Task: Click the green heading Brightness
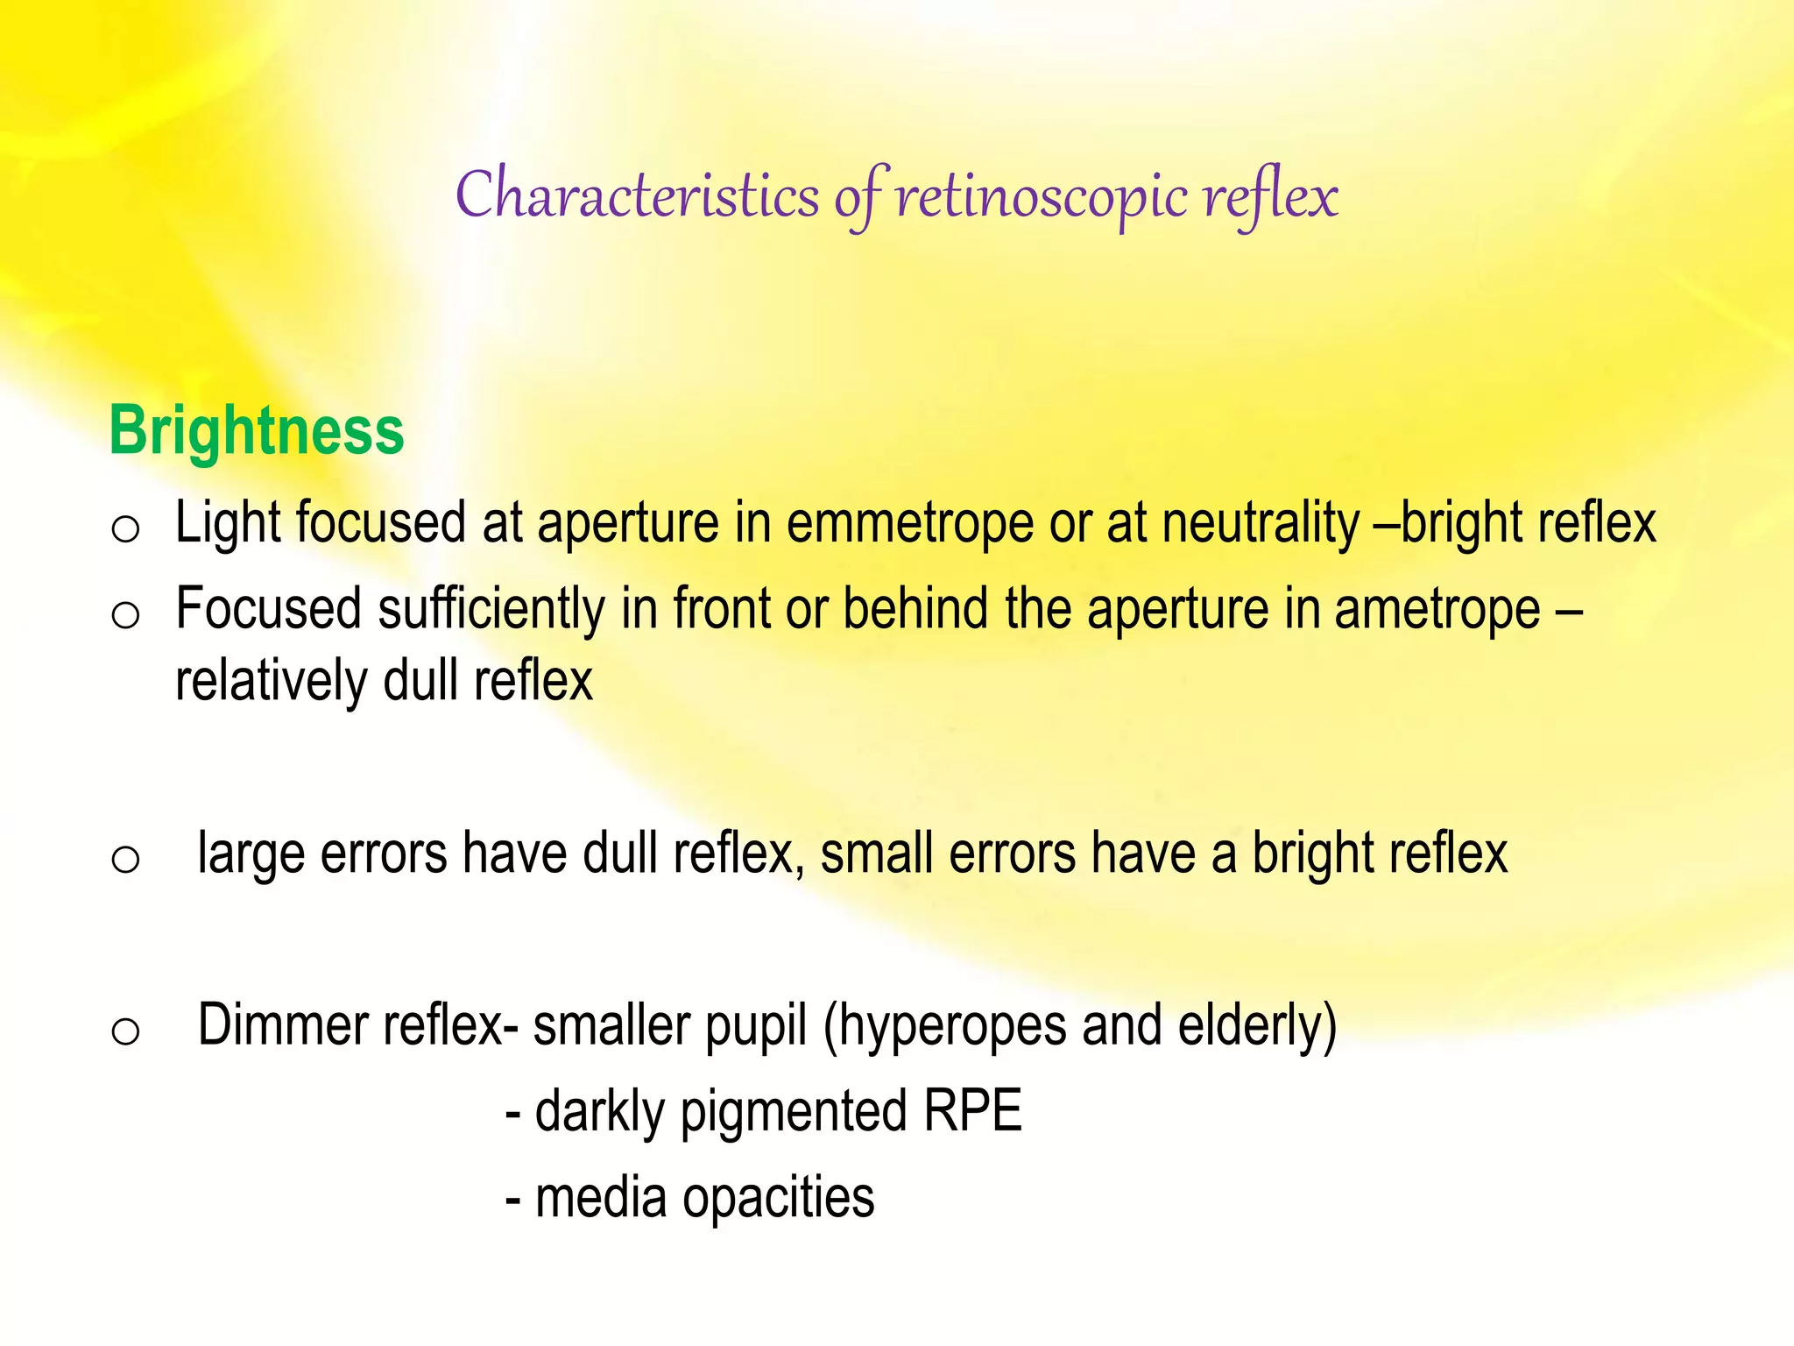pyautogui.click(x=256, y=431)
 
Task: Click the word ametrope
pyautogui.click(x=1437, y=609)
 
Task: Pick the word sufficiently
pyautogui.click(x=491, y=609)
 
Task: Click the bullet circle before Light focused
pyautogui.click(x=125, y=528)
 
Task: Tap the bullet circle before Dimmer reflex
pyautogui.click(x=125, y=1031)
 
